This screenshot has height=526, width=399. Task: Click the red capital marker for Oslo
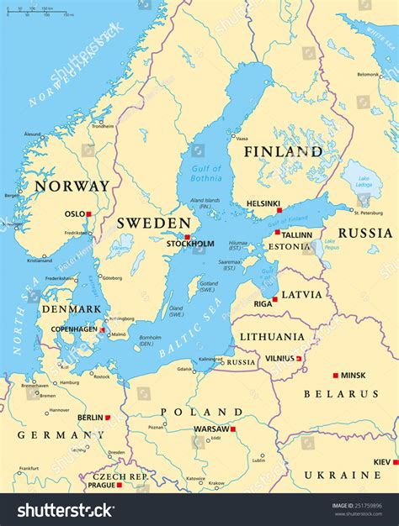click(x=88, y=213)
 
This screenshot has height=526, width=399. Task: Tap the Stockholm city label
click(x=189, y=245)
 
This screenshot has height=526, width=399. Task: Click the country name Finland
click(x=283, y=152)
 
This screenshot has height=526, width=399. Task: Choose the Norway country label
click(x=72, y=186)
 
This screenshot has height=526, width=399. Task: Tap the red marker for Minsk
click(x=335, y=375)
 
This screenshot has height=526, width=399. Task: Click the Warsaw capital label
click(x=211, y=429)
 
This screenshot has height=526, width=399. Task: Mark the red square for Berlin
click(x=107, y=417)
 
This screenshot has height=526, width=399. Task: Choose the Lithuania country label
click(x=272, y=337)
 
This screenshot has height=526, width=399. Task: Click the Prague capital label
click(x=100, y=485)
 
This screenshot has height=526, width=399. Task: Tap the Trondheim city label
click(x=103, y=126)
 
